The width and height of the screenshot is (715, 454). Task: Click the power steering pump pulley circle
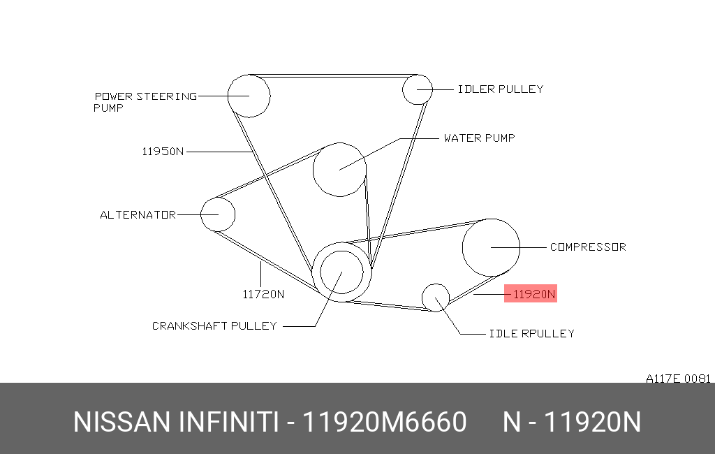click(228, 96)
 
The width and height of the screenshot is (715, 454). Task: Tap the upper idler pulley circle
click(403, 89)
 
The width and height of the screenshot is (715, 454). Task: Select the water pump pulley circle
click(314, 170)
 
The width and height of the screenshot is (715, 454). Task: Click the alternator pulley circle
click(201, 214)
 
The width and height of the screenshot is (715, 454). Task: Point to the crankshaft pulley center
click(341, 272)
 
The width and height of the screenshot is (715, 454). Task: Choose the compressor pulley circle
click(463, 247)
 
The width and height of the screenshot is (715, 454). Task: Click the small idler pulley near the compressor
click(422, 298)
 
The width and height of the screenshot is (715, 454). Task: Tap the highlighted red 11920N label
click(531, 293)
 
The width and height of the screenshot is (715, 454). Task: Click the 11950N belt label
click(163, 152)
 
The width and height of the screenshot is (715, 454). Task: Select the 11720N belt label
click(263, 295)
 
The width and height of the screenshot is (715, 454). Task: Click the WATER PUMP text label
click(479, 138)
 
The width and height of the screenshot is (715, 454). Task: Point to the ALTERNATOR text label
click(138, 215)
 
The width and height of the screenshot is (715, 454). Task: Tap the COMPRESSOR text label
click(588, 247)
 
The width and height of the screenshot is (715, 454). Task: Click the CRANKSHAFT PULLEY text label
click(214, 325)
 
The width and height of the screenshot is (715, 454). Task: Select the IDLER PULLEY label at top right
click(500, 89)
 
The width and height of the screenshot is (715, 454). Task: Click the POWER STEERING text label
click(145, 96)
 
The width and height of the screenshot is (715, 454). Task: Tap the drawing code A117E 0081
click(678, 379)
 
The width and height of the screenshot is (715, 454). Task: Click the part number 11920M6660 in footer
click(385, 422)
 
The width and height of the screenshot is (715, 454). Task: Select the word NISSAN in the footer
click(121, 422)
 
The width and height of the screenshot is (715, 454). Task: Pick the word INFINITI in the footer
click(228, 422)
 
